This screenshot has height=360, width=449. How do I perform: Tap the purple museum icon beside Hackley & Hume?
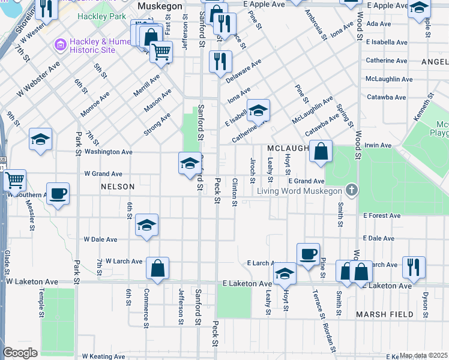[59, 45]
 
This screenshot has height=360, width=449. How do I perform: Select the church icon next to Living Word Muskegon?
[352, 191]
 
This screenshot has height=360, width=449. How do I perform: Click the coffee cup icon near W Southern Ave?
[58, 194]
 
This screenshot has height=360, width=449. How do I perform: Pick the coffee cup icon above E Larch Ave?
[308, 254]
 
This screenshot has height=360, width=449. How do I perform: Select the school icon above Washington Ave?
[40, 140]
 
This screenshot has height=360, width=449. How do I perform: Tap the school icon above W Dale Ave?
[146, 225]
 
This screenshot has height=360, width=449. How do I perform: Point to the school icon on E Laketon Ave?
[285, 274]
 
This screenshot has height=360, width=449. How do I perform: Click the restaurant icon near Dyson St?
[414, 266]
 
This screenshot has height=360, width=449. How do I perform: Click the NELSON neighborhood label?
[118, 187]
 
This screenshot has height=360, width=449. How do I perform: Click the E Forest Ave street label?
[381, 215]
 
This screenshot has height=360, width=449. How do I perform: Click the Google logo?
[20, 353]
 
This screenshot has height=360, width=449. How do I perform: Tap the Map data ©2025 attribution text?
[424, 355]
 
